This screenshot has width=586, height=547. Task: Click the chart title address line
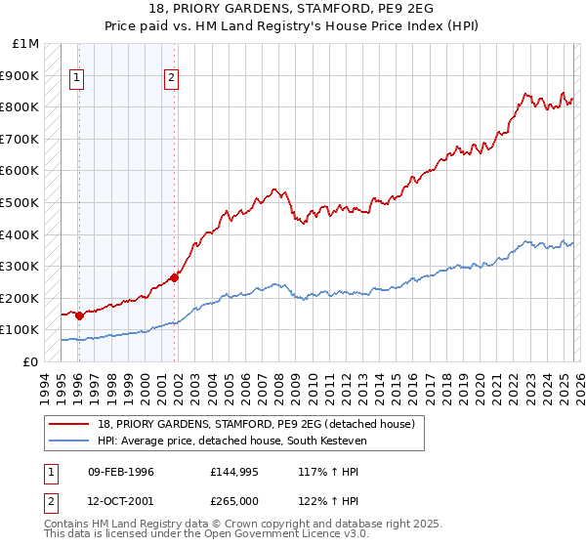point(293,9)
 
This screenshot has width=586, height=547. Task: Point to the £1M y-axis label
point(25,44)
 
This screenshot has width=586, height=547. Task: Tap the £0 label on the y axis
point(31,361)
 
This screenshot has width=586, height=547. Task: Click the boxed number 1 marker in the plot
point(77,80)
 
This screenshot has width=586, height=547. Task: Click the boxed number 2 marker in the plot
point(172,80)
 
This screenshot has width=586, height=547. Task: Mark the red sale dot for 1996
point(79,316)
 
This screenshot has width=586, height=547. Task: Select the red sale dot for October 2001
point(174,277)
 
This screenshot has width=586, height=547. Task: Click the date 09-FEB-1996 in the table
point(121,472)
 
